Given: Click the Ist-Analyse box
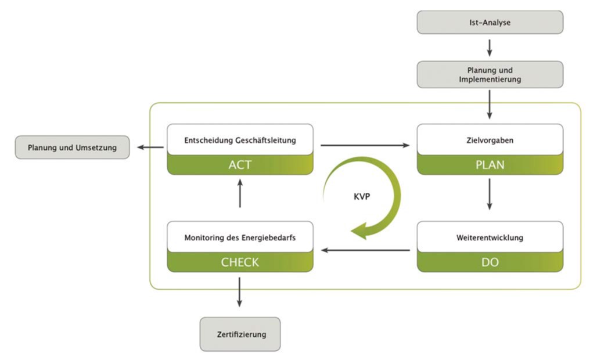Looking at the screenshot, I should [x=490, y=23].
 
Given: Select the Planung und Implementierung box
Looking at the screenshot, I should [x=490, y=75].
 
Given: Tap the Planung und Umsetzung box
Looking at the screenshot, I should [x=72, y=147].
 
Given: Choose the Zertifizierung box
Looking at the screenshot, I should [x=240, y=334].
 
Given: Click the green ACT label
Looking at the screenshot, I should [x=240, y=165].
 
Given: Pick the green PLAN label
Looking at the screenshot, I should [x=490, y=165].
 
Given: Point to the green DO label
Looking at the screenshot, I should [x=490, y=262].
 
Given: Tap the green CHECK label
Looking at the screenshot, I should [x=240, y=262].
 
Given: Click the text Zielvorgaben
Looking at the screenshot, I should [x=490, y=140].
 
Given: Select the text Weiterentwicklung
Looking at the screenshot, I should [x=490, y=237].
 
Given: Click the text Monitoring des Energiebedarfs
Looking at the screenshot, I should [x=240, y=237].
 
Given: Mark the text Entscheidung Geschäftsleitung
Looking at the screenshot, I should [x=240, y=140].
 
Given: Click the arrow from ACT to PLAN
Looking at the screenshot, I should [x=365, y=145].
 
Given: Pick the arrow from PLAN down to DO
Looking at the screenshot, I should [x=490, y=194].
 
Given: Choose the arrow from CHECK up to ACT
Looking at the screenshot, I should [x=240, y=194].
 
